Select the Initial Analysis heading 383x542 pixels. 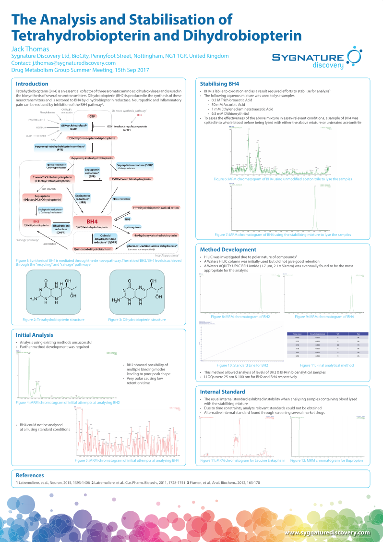point(35,335)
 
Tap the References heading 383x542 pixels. point(30,475)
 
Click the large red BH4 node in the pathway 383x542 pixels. point(92,221)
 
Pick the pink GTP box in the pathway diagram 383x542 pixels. point(92,116)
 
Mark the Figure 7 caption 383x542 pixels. point(282,234)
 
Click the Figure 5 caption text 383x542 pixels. point(127,460)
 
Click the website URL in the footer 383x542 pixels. point(327,532)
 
